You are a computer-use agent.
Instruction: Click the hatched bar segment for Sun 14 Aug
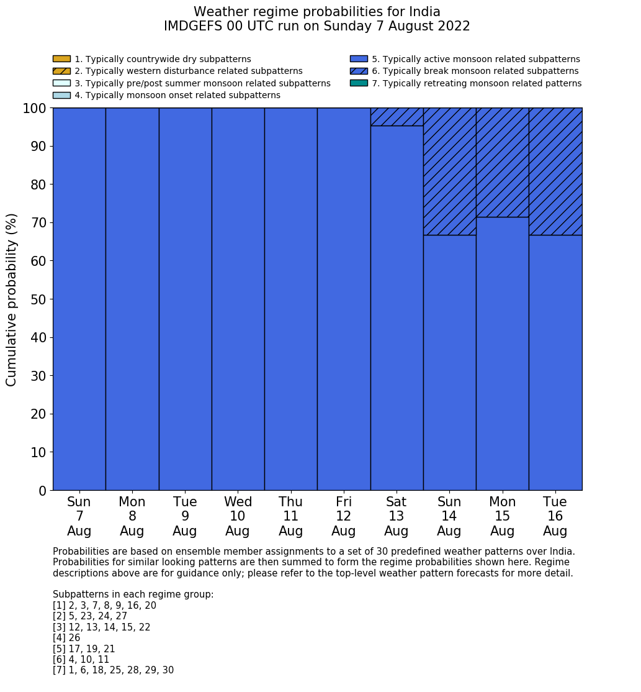point(449,171)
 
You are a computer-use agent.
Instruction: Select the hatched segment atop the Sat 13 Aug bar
point(397,117)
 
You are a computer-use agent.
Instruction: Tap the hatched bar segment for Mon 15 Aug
point(502,162)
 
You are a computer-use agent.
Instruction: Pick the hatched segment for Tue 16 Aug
point(555,171)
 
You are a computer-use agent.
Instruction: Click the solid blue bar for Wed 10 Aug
point(238,299)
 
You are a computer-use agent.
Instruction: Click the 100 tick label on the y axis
point(35,108)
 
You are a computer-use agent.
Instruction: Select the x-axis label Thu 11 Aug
point(290,516)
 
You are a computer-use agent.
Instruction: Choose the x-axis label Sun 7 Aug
point(79,516)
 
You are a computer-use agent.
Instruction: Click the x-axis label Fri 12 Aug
point(344,516)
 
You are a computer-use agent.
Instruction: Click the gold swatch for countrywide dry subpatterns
point(61,59)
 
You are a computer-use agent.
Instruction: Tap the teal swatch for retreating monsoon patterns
point(359,83)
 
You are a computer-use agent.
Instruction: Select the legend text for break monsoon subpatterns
point(475,71)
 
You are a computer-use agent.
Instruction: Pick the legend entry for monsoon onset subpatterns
point(177,95)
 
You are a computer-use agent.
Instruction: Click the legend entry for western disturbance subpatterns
point(188,71)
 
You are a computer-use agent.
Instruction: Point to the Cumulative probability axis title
point(12,299)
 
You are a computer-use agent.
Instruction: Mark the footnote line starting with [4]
point(66,638)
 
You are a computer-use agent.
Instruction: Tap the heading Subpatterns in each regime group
point(133,594)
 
